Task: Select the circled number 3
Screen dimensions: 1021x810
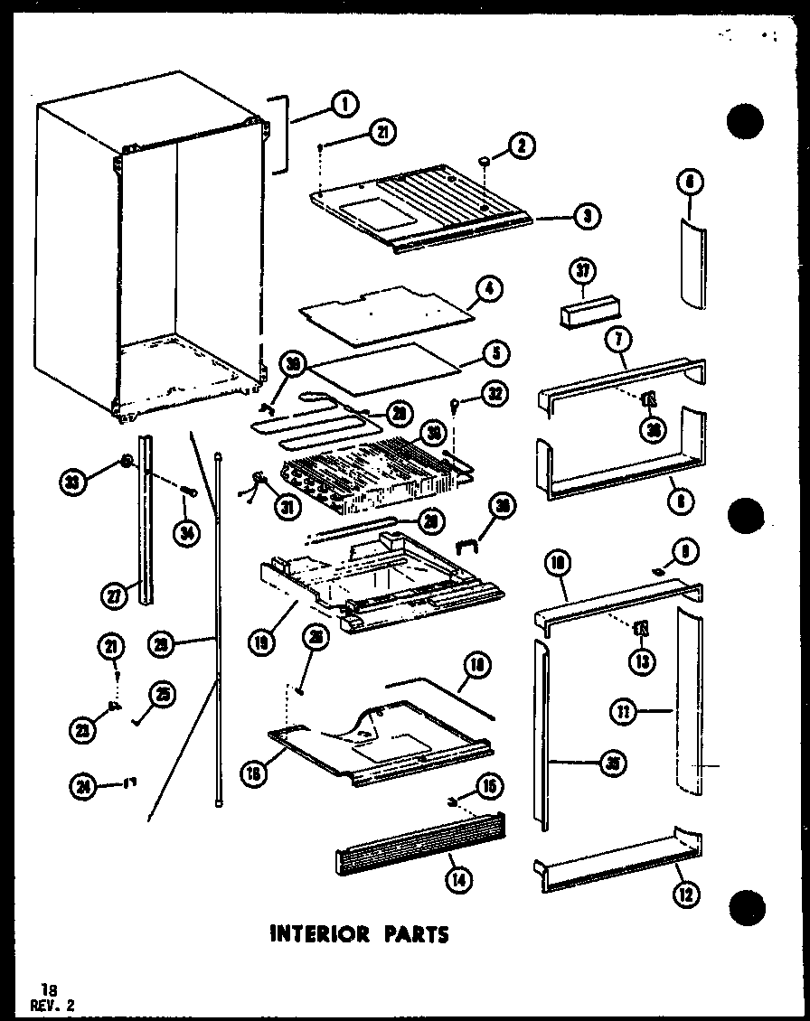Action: click(x=587, y=217)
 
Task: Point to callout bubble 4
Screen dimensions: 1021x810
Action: click(x=490, y=291)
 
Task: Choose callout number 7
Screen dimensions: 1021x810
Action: click(x=620, y=342)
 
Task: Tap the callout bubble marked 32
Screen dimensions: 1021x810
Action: click(x=495, y=394)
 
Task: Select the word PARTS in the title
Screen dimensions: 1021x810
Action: click(x=415, y=934)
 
